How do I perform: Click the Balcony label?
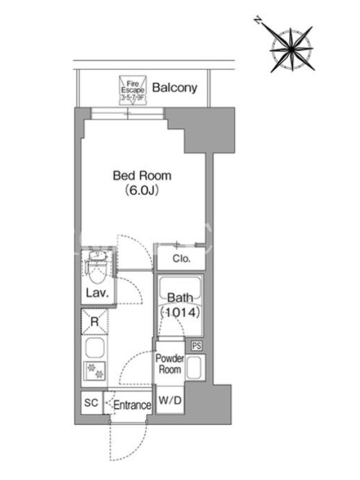[175, 88]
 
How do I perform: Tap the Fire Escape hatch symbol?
[133, 91]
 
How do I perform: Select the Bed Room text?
[142, 176]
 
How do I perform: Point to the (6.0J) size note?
[142, 190]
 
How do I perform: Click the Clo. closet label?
[181, 259]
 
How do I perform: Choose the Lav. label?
[97, 293]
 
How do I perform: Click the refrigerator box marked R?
[95, 322]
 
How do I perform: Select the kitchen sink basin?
[95, 348]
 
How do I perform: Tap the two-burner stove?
[95, 371]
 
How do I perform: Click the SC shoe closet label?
[91, 403]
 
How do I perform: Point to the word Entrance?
[132, 406]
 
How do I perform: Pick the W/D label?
[170, 400]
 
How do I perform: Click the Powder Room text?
[170, 364]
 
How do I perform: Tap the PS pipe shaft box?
[197, 346]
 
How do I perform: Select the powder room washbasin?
[195, 367]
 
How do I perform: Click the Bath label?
[180, 298]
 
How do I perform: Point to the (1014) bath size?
[181, 312]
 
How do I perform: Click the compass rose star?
[292, 49]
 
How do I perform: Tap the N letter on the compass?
[259, 21]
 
